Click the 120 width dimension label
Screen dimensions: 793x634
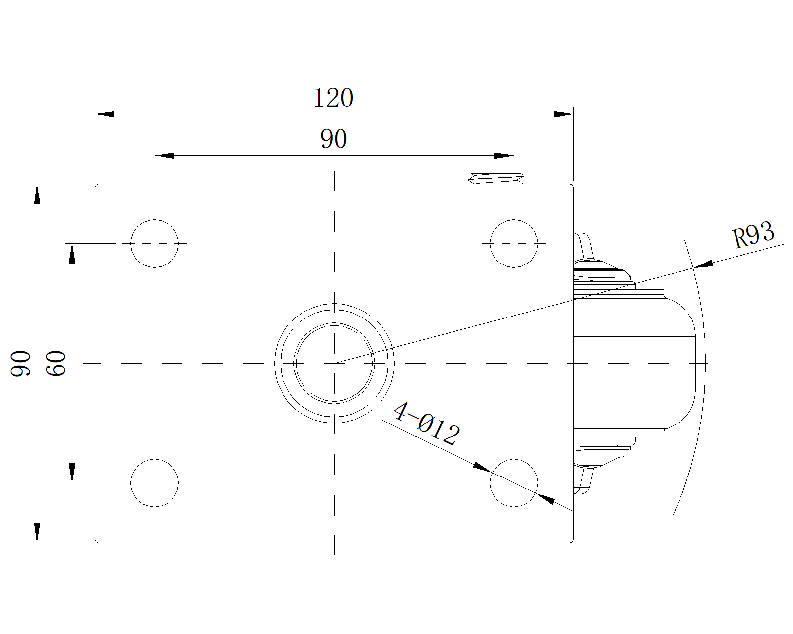pos(333,98)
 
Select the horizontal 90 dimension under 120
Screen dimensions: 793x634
pos(334,139)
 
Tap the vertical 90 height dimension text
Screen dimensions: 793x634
pos(21,363)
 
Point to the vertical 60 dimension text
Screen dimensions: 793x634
pos(56,363)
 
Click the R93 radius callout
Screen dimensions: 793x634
pos(753,235)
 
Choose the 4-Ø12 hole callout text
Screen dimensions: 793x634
pos(427,423)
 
